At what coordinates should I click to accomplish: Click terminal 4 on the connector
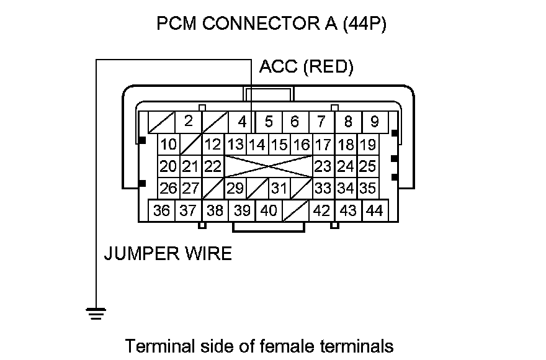click(x=242, y=121)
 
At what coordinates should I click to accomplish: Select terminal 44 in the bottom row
click(x=374, y=210)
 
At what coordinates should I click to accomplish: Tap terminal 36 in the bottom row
click(x=162, y=210)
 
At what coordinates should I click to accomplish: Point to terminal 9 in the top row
click(x=375, y=121)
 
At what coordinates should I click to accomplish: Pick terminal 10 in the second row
click(x=168, y=145)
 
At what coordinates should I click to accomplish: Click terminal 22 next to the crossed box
click(x=213, y=166)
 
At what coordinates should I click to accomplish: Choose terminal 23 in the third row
click(x=323, y=166)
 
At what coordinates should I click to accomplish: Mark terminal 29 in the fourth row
click(x=235, y=187)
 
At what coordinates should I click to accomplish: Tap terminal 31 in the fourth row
click(x=279, y=187)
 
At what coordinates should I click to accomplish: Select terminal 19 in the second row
click(x=367, y=145)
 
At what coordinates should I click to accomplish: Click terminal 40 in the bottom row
click(x=269, y=210)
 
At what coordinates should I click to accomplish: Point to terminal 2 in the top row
click(x=189, y=121)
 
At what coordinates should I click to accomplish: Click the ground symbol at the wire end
click(x=94, y=313)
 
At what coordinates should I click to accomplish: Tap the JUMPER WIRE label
click(x=168, y=253)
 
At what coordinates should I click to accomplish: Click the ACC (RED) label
click(x=307, y=67)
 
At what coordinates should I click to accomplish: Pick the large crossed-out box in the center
click(x=267, y=166)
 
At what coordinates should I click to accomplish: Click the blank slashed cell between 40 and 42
click(x=296, y=211)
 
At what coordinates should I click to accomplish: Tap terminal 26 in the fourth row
click(x=168, y=187)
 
